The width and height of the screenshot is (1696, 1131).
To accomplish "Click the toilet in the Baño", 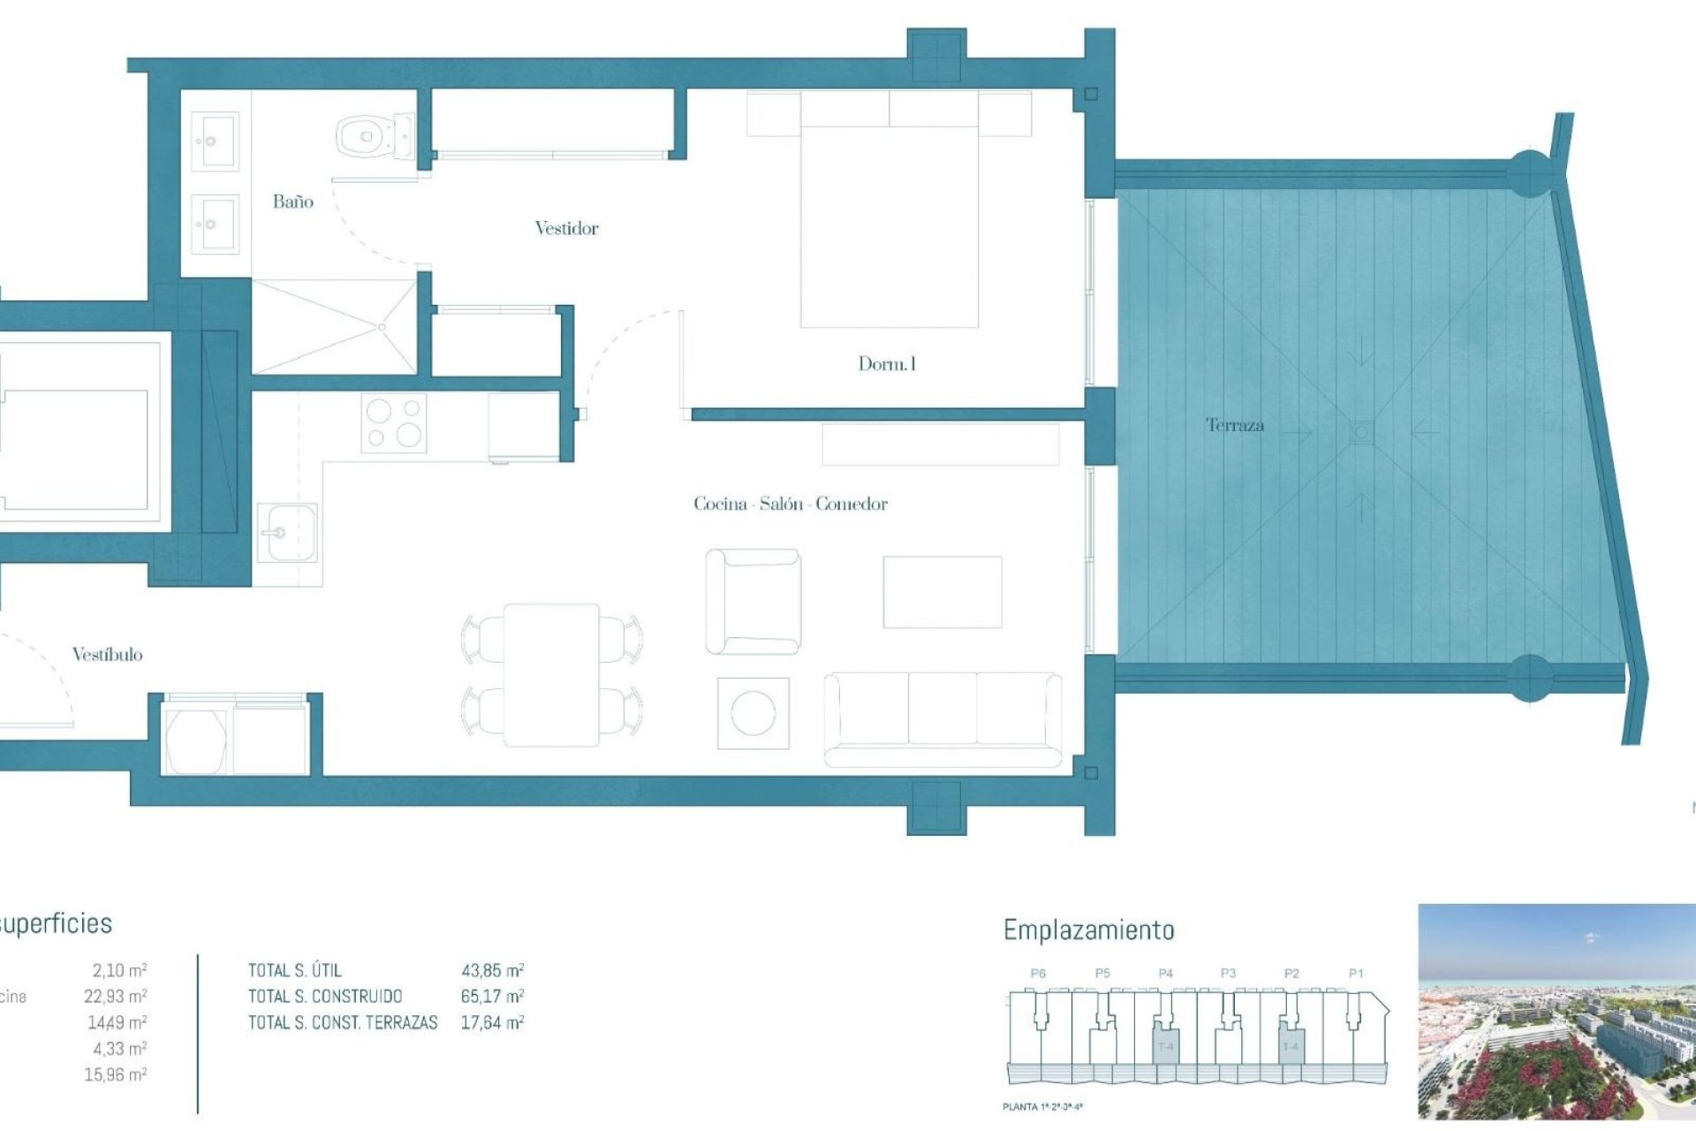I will pyautogui.click(x=375, y=137).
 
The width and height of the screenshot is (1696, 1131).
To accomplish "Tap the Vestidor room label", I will pyautogui.click(x=566, y=229).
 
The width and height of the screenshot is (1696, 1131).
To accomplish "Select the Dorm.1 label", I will pyautogui.click(x=887, y=364).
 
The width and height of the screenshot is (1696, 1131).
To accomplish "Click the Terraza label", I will pyautogui.click(x=1235, y=426).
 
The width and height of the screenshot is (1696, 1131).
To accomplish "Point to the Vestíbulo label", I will pyautogui.click(x=107, y=655).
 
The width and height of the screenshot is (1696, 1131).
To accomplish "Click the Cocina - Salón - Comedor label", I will pyautogui.click(x=790, y=505).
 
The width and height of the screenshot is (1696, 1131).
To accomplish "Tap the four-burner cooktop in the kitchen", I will pyautogui.click(x=394, y=422).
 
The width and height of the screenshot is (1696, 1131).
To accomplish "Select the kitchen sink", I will pyautogui.click(x=286, y=533).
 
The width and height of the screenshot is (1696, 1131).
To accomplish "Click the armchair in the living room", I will pyautogui.click(x=753, y=602).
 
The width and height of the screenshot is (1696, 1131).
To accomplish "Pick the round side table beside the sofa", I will pyautogui.click(x=753, y=713).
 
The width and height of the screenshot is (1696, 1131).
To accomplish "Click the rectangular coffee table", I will pyautogui.click(x=942, y=592).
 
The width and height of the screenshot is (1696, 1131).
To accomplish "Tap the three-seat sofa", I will pyautogui.click(x=943, y=718).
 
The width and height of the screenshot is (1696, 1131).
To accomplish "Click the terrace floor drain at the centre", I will pyautogui.click(x=1361, y=432).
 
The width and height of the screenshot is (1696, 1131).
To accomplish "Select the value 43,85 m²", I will pyautogui.click(x=492, y=970).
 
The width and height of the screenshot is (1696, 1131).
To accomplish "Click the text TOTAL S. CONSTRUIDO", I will pyautogui.click(x=325, y=997).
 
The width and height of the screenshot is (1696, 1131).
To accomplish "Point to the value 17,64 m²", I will pyautogui.click(x=492, y=1023).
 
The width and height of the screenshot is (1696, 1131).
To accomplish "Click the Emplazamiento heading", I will pyautogui.click(x=1088, y=930).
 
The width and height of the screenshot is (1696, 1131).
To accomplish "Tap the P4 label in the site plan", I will pyautogui.click(x=1165, y=973).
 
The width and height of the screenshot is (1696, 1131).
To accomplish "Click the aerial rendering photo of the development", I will pyautogui.click(x=1556, y=1011).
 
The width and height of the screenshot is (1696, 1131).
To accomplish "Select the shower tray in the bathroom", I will pyautogui.click(x=334, y=327).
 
